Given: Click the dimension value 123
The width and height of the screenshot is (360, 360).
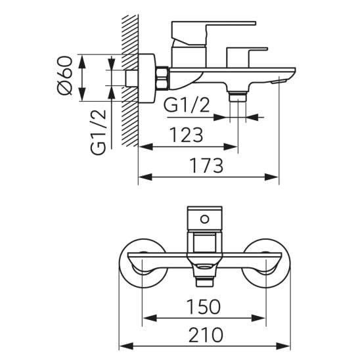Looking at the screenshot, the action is coord(186,135).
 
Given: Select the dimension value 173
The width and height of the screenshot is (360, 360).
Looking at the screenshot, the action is coord(206,166).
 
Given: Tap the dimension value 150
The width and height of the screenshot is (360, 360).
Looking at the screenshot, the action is coord(204,307).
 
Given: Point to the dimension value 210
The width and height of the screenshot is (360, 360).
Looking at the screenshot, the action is coord(206,335).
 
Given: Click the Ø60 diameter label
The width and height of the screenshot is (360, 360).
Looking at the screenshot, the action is coord(65,76).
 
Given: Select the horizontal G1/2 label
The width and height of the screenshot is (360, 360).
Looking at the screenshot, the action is coord(187,105).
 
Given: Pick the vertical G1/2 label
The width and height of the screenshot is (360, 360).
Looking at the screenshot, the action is coord(99,133).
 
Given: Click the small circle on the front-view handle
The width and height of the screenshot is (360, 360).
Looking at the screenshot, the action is coord(204,219).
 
